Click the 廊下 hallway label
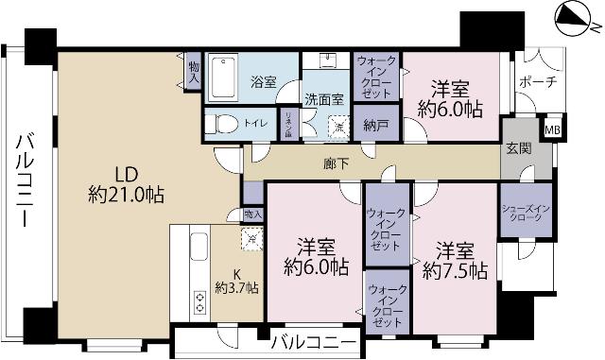[x=337, y=163]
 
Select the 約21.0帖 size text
[x=126, y=196]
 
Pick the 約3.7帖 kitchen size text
[x=237, y=288]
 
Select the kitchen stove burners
[x=200, y=301]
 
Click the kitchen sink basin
[x=198, y=249]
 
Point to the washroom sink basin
[x=328, y=63]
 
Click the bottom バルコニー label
[x=313, y=340]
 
